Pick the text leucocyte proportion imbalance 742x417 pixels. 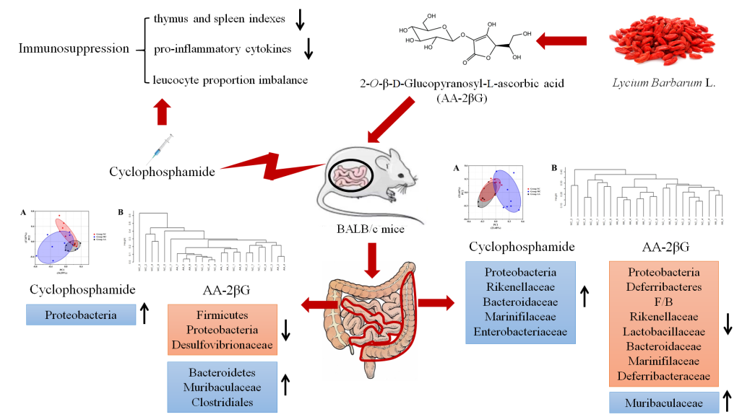(231, 79)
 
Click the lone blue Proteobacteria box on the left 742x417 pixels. (80, 315)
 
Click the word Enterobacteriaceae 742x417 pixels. (520, 332)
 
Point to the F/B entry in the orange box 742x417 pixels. (664, 304)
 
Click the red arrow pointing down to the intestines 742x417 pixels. (372, 260)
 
